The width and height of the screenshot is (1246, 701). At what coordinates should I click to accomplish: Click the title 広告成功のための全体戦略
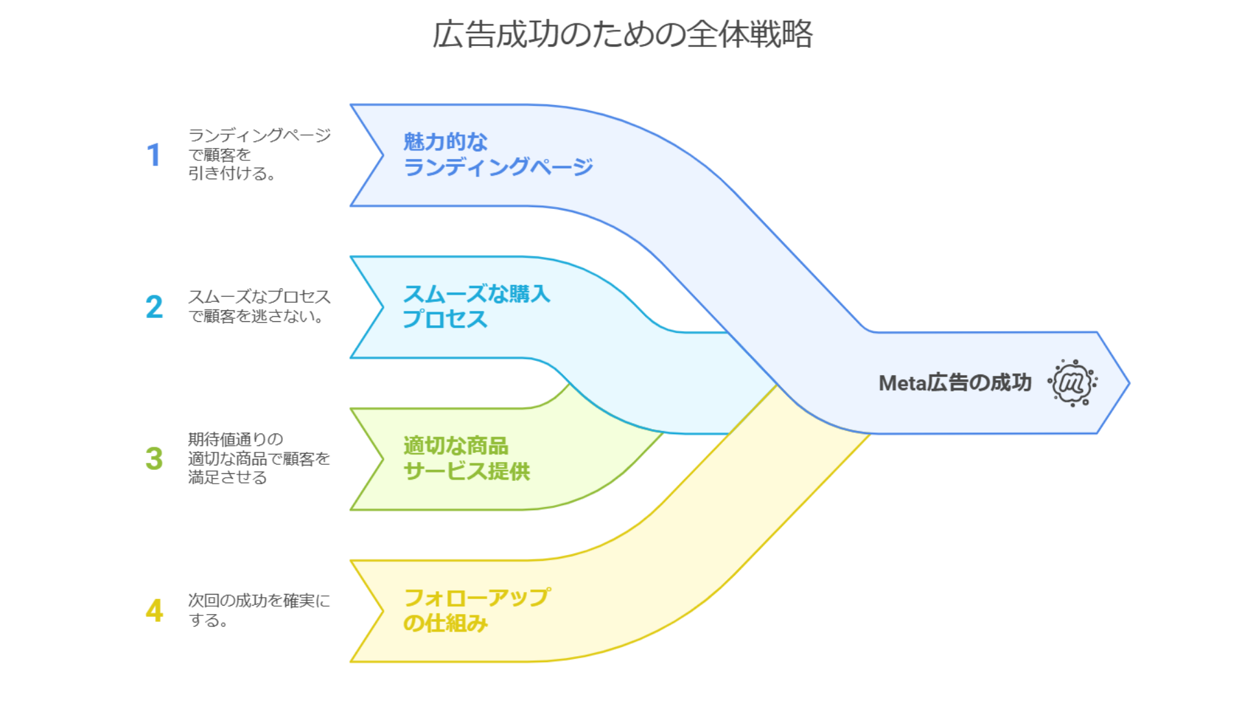coord(622,34)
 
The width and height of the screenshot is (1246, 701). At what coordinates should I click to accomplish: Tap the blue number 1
coord(154,155)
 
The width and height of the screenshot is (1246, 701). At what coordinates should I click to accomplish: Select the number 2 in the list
coord(154,307)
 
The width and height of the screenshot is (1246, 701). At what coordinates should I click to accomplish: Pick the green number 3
coord(154,458)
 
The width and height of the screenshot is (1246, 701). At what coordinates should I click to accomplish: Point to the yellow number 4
coord(154,610)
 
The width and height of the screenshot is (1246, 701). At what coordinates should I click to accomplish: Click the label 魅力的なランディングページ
coord(498,154)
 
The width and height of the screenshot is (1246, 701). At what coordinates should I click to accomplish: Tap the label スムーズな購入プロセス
coord(476,306)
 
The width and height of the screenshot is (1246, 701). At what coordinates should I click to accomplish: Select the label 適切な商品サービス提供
coord(467,458)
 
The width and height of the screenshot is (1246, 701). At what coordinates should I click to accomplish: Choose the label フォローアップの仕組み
coord(477,610)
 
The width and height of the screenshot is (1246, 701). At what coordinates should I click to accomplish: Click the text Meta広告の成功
coord(955,383)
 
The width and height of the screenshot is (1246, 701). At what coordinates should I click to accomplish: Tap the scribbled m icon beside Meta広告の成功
coord(1072,383)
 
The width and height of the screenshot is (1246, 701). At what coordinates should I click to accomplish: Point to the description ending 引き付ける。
coord(260,154)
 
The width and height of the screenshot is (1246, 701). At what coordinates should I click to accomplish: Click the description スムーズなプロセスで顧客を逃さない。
coord(260,306)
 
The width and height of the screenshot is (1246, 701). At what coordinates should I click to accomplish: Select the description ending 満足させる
coord(260,458)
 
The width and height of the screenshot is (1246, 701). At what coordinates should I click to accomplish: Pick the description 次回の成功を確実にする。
coord(259,610)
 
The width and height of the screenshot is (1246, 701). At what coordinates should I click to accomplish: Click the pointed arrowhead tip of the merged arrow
coord(1129,383)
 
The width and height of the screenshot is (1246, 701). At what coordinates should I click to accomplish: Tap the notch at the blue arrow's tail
coord(383,155)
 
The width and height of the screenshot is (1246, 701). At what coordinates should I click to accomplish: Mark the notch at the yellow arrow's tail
coord(383,611)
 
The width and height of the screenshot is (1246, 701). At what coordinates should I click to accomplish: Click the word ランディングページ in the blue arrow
coord(498,167)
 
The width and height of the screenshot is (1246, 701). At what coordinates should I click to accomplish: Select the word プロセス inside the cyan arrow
coord(445,319)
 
